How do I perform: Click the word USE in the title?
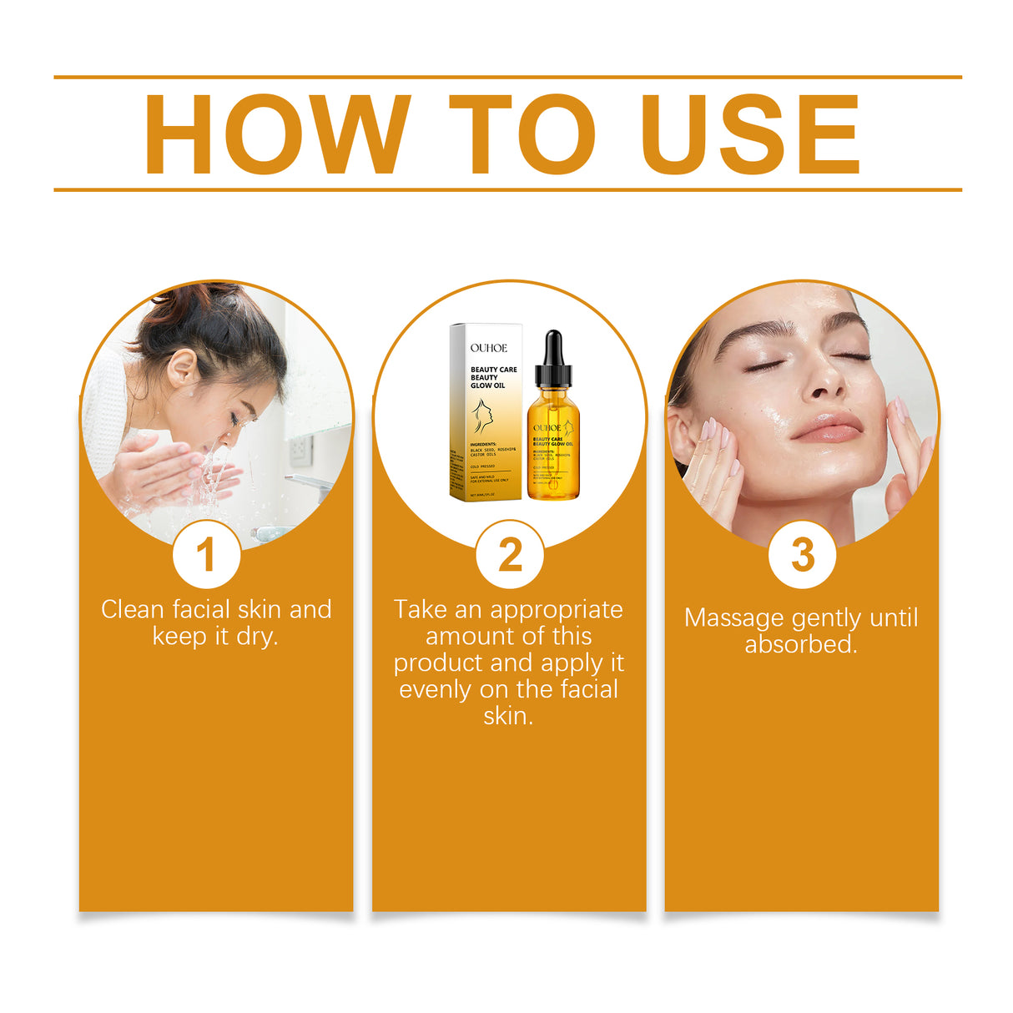750,135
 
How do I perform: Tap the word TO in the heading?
522,135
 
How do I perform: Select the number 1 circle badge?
206,555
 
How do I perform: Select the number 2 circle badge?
510,555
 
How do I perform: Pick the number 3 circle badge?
802,555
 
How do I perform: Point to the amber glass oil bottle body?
552,451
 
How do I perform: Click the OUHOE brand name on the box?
488,348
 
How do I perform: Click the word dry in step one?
256,637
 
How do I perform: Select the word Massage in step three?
734,618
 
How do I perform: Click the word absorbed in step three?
800,645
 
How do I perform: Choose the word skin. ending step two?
508,717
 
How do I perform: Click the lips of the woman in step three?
826,427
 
